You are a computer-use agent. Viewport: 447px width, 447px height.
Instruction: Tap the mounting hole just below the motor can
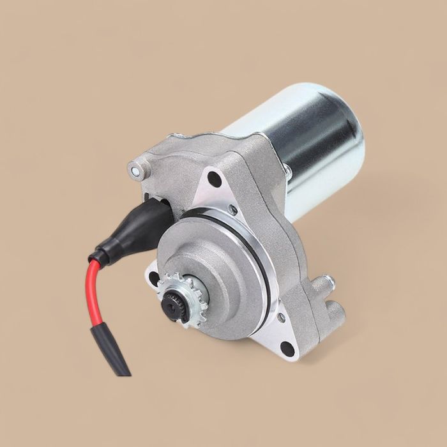[215, 179]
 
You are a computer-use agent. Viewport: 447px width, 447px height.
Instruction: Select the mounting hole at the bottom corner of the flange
[287, 349]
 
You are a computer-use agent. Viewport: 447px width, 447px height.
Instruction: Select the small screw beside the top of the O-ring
[233, 209]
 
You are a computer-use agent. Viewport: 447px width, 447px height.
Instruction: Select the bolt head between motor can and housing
[287, 171]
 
